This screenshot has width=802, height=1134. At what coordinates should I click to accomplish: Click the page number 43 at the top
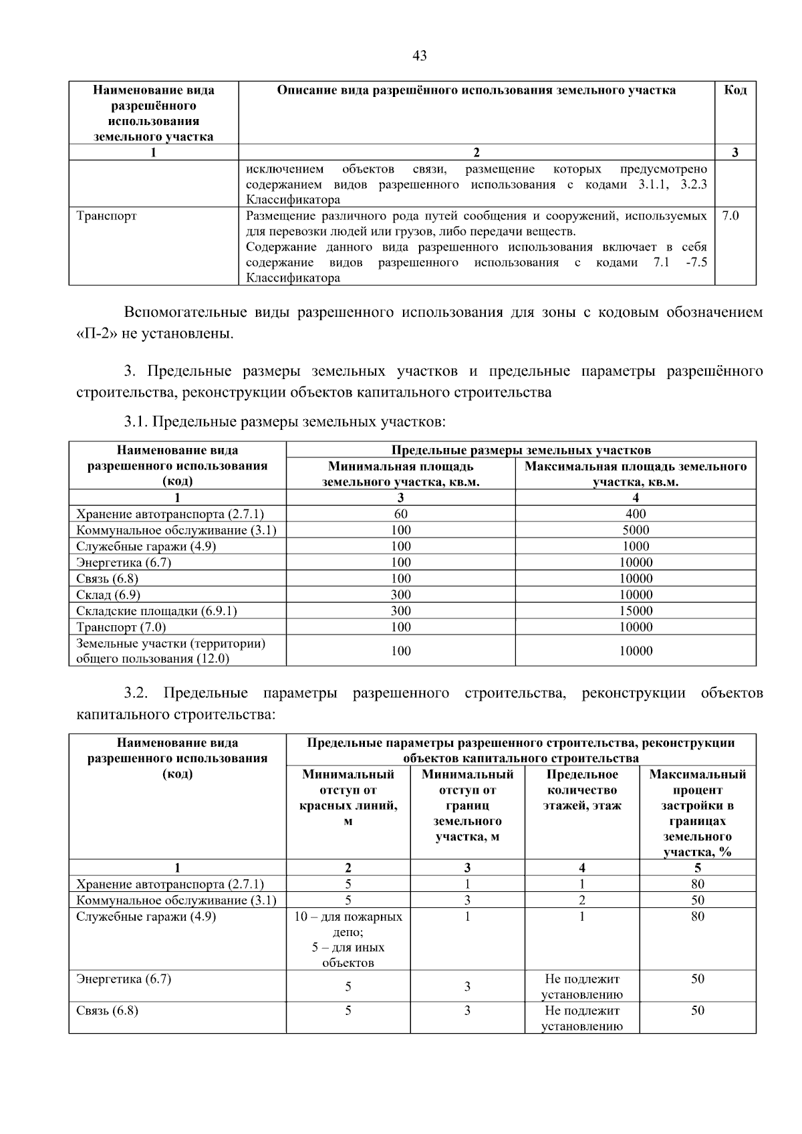click(x=420, y=56)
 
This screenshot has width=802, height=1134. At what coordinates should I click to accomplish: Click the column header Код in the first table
click(x=735, y=90)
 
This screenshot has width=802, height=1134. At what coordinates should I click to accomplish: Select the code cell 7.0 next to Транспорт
click(x=730, y=216)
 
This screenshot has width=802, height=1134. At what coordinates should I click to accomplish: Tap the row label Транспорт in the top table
click(x=106, y=216)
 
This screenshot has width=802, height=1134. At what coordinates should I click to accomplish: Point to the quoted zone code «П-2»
click(x=94, y=333)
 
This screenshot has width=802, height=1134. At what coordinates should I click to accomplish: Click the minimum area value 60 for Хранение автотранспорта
click(x=400, y=514)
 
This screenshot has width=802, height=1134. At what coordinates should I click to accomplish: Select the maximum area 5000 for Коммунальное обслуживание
click(x=635, y=530)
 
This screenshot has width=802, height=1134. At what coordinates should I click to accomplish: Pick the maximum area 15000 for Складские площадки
click(x=635, y=610)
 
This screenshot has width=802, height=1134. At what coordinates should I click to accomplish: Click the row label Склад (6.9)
click(x=108, y=594)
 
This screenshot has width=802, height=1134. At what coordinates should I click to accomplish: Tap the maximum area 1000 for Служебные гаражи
click(x=635, y=546)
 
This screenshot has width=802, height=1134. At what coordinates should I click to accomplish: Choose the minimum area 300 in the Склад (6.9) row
click(x=400, y=594)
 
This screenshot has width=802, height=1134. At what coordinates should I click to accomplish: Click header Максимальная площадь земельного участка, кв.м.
click(x=635, y=474)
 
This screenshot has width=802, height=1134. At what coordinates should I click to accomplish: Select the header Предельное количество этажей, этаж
click(x=582, y=790)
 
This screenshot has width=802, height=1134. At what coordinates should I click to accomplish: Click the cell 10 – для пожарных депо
click(x=348, y=924)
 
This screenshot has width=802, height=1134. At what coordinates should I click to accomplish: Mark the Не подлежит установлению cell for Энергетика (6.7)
click(x=582, y=986)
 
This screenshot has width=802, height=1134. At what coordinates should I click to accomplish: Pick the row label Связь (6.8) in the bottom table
click(x=108, y=1010)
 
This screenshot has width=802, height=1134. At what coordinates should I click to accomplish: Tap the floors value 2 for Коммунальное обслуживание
click(x=582, y=900)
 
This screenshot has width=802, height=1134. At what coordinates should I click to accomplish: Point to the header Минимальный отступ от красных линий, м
click(x=348, y=797)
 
